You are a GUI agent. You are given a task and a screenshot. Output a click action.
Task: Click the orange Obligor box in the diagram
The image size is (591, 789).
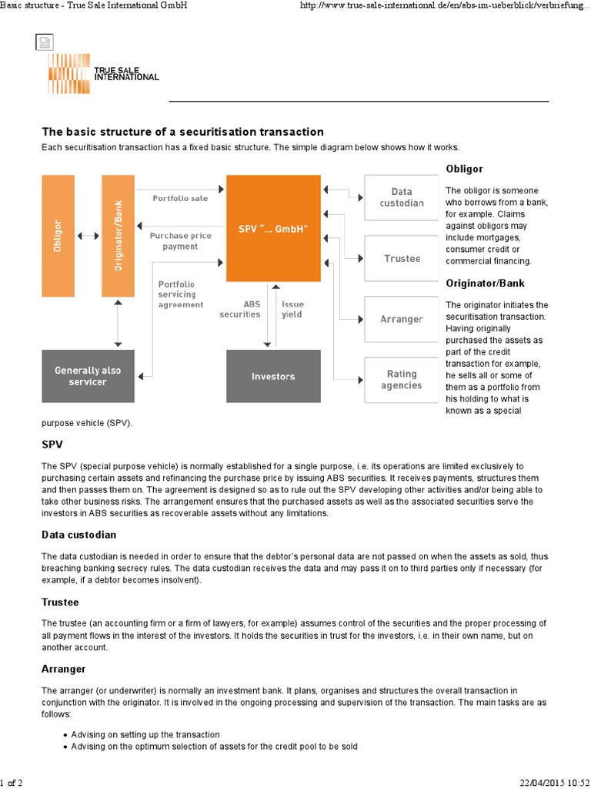[x=58, y=236]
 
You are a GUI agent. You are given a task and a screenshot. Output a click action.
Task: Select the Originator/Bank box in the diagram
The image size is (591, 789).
[x=118, y=236]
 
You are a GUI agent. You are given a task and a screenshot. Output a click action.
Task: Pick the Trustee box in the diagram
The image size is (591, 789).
[x=401, y=258]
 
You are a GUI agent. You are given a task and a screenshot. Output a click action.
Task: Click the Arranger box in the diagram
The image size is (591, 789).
[x=401, y=318]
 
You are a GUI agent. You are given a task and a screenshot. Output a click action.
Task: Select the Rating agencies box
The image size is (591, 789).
[x=401, y=379]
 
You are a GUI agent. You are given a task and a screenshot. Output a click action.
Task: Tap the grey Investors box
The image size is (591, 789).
[x=273, y=376]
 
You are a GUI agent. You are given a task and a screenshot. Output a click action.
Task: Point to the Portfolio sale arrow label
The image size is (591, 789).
[x=180, y=198]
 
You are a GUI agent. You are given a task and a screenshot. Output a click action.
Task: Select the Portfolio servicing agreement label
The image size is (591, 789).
[x=180, y=294]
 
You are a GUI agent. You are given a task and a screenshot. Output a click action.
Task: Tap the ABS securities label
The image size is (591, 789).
[x=239, y=309]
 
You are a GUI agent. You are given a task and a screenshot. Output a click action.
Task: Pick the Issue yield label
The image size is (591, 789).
[x=292, y=309]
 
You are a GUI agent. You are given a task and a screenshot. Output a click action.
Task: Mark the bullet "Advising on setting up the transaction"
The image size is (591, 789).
[x=145, y=734]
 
